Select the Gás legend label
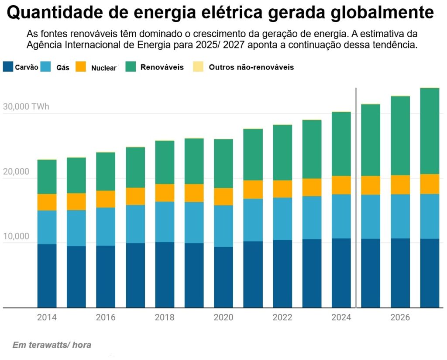pos(63,68)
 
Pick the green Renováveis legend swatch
pos(131,66)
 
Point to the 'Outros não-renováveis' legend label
pos(251,67)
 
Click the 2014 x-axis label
pos(47,318)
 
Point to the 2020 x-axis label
pos(223,318)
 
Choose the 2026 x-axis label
pos(400,318)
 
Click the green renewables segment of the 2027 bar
pos(430,131)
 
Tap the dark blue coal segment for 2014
pos(47,275)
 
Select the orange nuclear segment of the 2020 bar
pos(223,197)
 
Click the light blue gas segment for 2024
pos(341,216)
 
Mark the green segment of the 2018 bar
pos(165,162)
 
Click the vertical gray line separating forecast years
pos(356,197)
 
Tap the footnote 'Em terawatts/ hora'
pos(52,345)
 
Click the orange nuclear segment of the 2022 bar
pos(282,189)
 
